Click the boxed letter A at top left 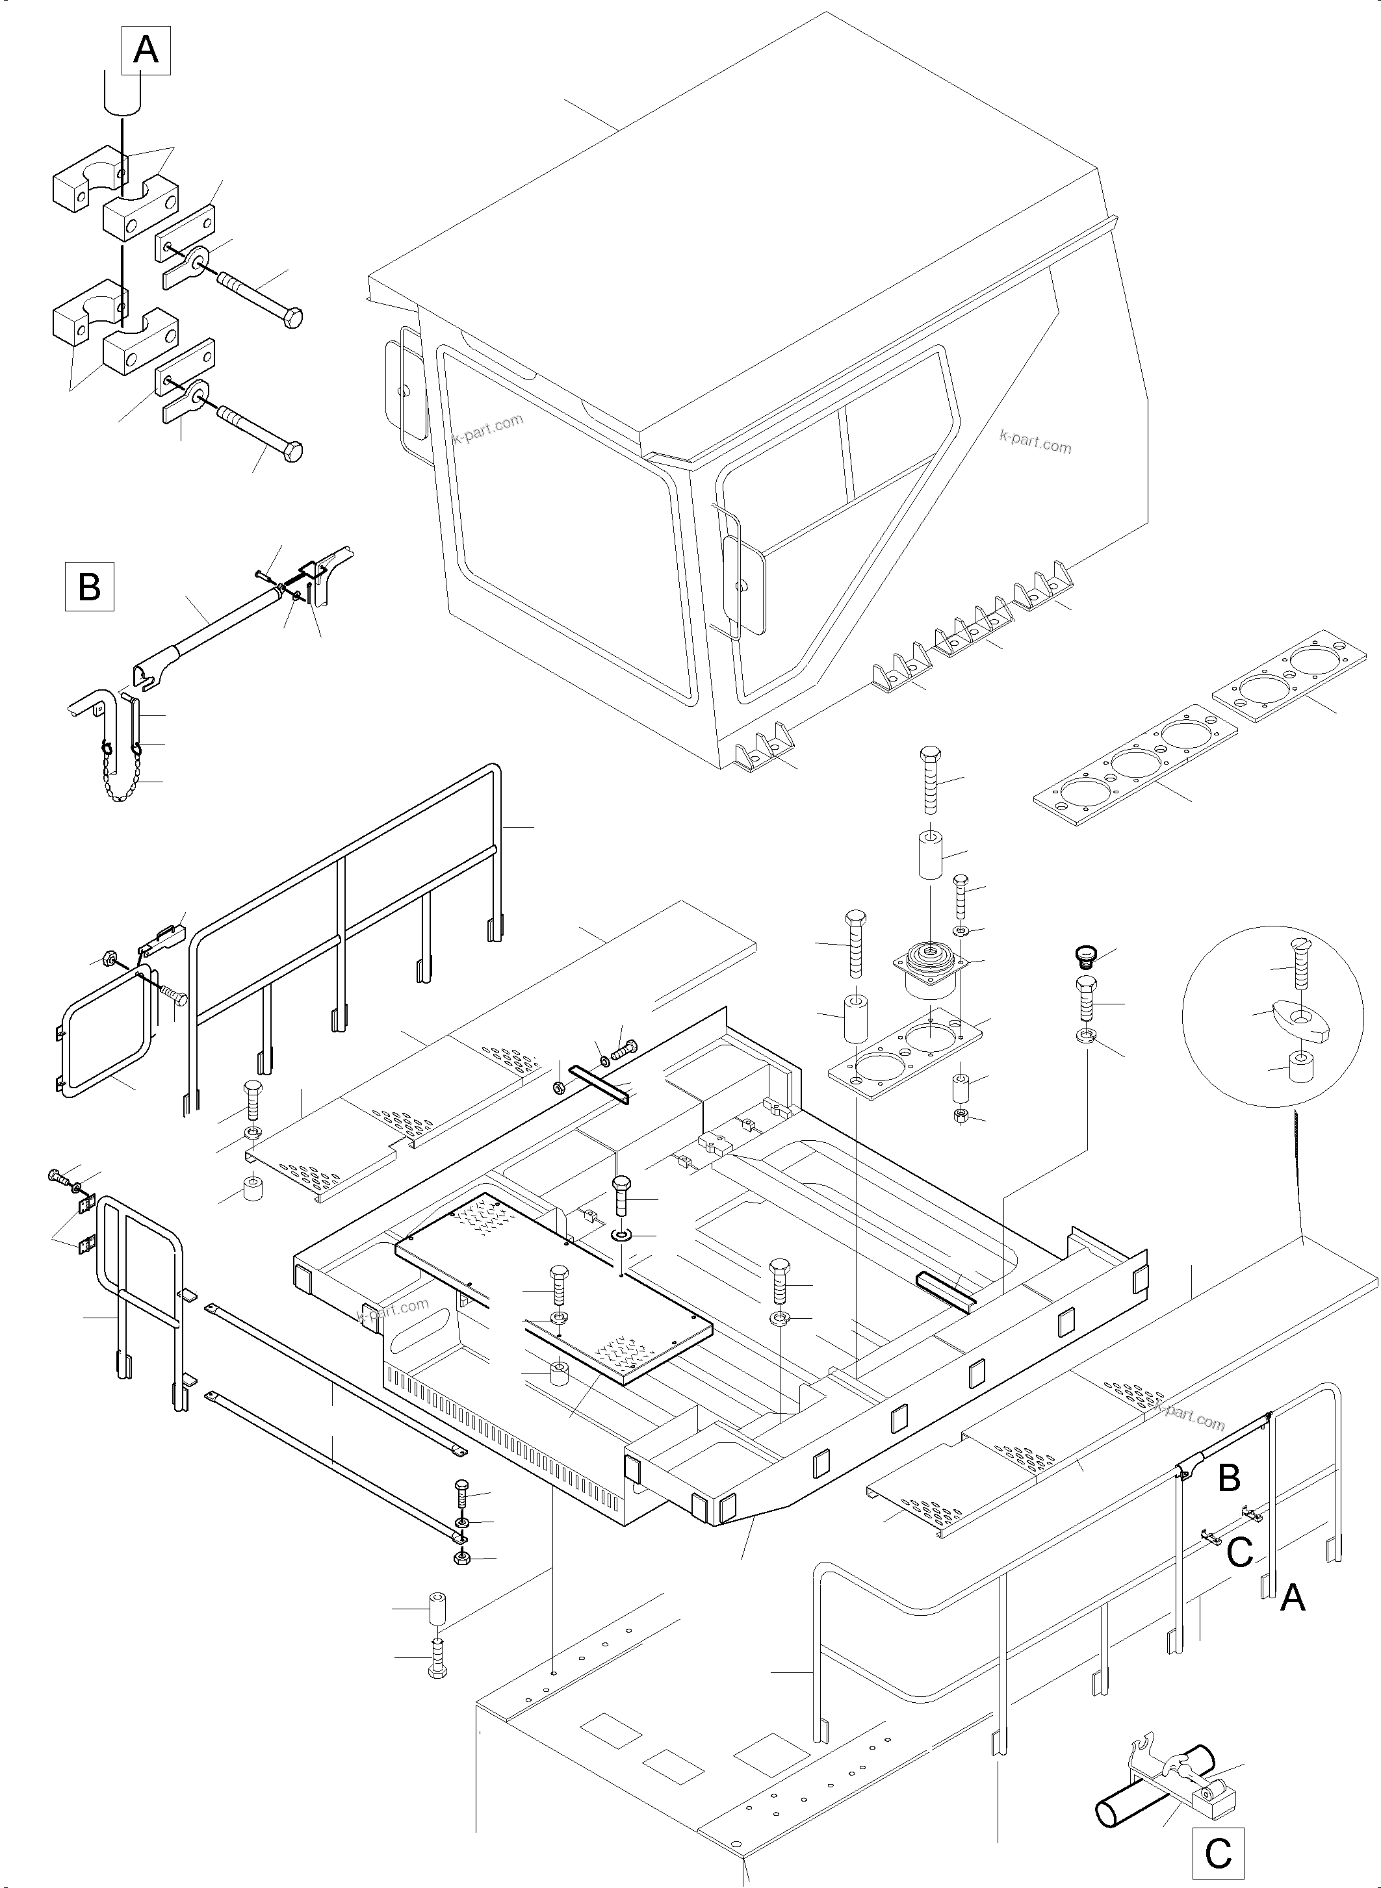click(146, 51)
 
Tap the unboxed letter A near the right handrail click(1293, 1598)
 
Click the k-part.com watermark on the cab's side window click(1035, 440)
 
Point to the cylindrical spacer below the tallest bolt click(931, 853)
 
